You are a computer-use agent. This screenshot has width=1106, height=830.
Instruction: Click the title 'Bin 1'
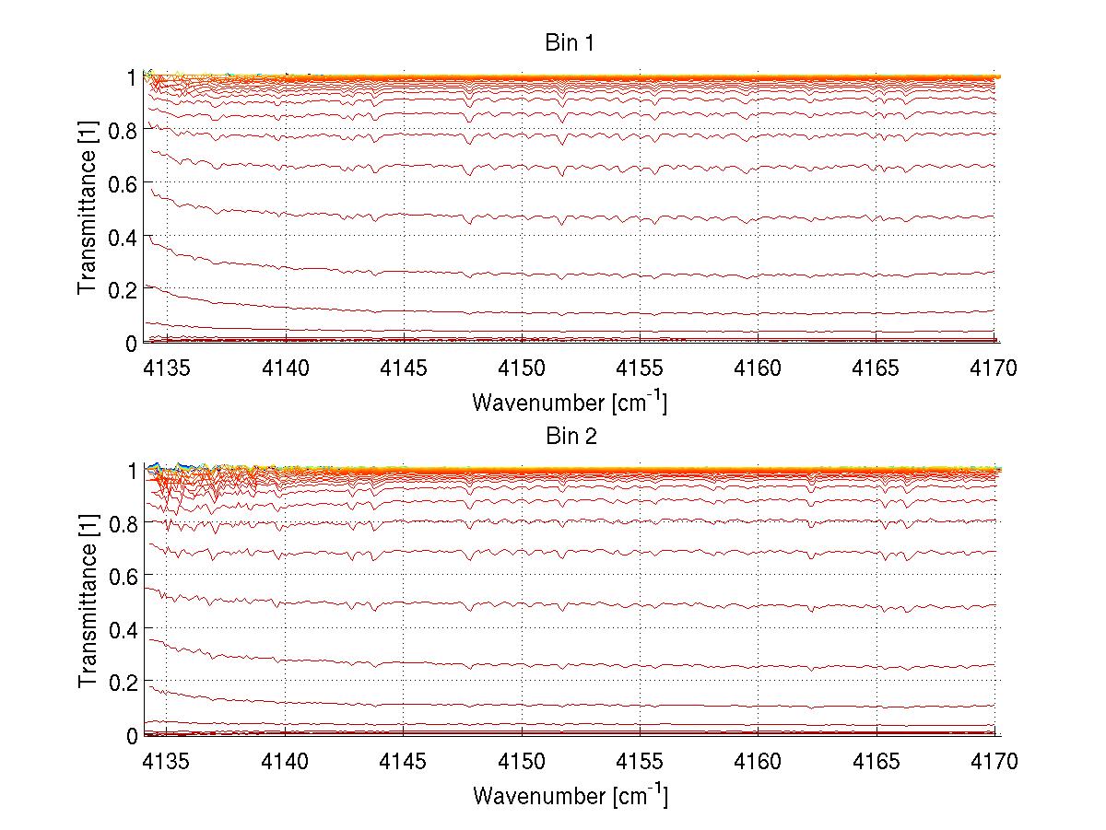click(570, 43)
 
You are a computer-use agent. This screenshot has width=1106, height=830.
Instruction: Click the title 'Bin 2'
click(570, 436)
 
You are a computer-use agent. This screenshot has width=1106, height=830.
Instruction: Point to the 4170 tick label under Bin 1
click(994, 369)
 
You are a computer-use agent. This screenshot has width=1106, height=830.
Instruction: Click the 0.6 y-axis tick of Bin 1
click(124, 183)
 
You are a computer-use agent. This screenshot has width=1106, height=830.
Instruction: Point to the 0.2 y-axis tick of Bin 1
click(124, 289)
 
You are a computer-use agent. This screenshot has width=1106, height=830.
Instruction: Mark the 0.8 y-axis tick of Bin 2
click(124, 523)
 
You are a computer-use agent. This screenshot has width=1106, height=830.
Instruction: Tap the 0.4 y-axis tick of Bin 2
click(124, 629)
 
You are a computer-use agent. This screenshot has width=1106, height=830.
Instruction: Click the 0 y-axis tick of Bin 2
click(132, 735)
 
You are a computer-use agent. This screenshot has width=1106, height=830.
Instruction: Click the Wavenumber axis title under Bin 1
click(570, 403)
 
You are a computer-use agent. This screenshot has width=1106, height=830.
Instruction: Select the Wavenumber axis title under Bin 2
click(570, 795)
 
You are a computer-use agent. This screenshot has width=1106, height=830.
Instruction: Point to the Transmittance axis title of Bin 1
click(88, 209)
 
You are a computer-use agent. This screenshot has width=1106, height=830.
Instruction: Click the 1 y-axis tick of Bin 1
click(132, 77)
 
